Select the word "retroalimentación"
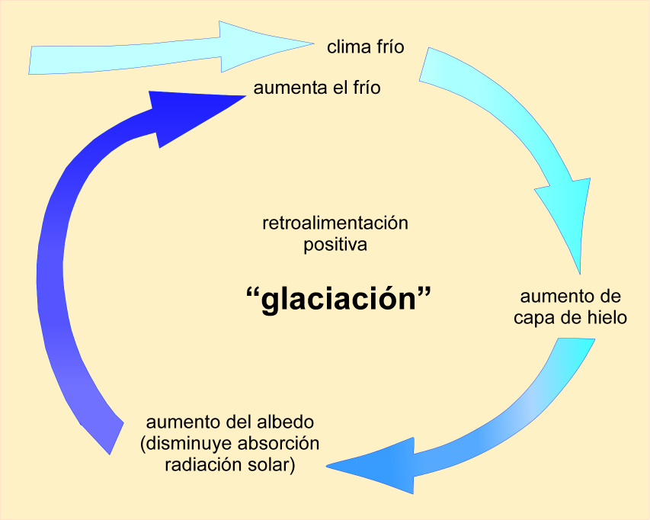335,224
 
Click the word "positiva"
335,246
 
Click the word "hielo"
607,317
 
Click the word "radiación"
201,465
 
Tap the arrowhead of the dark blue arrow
191,112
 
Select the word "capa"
534,317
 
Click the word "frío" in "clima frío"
388,47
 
